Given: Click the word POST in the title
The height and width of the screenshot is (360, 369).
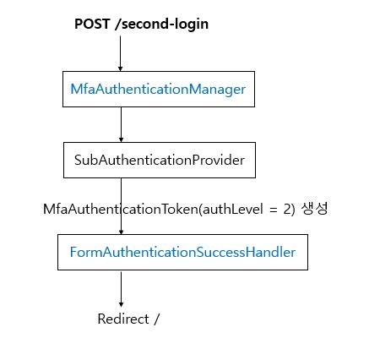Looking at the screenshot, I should pyautogui.click(x=92, y=24).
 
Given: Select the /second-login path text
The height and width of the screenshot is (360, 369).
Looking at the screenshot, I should pyautogui.click(x=161, y=24).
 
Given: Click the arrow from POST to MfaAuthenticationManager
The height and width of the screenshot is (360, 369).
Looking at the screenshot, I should pyautogui.click(x=121, y=52).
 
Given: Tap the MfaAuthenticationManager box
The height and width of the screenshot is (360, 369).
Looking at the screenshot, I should pyautogui.click(x=159, y=90).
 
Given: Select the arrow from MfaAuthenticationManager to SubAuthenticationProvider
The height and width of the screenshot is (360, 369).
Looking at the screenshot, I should pyautogui.click(x=121, y=123).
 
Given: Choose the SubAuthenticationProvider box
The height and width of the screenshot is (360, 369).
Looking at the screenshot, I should pyautogui.click(x=159, y=160).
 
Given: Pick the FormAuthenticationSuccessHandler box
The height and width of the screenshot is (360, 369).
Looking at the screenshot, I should pyautogui.click(x=182, y=252).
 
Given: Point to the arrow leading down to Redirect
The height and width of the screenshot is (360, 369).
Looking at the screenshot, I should pyautogui.click(x=121, y=287).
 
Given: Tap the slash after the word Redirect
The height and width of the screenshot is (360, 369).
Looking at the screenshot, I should pyautogui.click(x=157, y=319).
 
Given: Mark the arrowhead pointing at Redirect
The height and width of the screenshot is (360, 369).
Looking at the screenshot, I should pyautogui.click(x=121, y=303).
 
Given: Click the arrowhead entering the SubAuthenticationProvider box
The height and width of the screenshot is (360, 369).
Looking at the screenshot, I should pyautogui.click(x=121, y=139).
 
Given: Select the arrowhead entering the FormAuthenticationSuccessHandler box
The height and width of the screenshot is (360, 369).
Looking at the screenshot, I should pyautogui.click(x=121, y=231).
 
